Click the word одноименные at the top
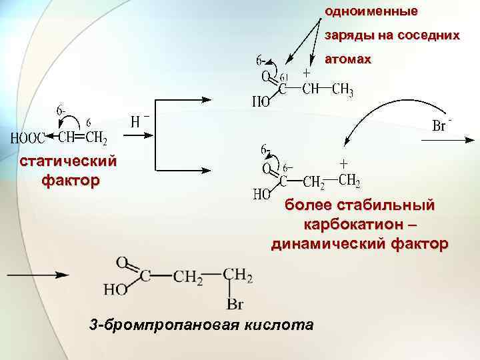pyautogui.click(x=371, y=11)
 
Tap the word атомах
pyautogui.click(x=347, y=59)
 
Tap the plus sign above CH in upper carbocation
pyautogui.click(x=306, y=73)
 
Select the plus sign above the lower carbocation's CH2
pyautogui.click(x=344, y=163)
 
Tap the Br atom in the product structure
pyautogui.click(x=234, y=305)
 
